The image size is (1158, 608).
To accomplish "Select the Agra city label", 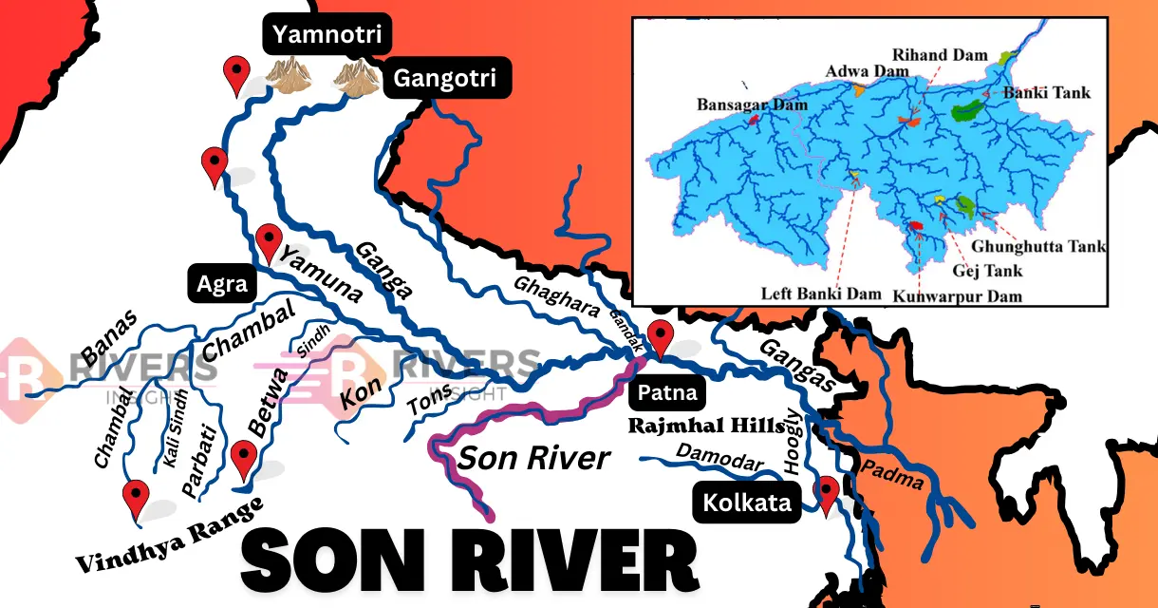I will coord(222,284).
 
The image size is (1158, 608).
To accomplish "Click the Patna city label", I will coord(667,392).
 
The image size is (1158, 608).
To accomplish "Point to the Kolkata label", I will coord(747,503).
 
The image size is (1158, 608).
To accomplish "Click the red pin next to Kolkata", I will coord(829,492).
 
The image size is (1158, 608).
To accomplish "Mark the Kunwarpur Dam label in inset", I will coord(957,295).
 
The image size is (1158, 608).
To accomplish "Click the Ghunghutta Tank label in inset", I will coord(1051,246).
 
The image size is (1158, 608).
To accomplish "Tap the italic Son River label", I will coord(533,458).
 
